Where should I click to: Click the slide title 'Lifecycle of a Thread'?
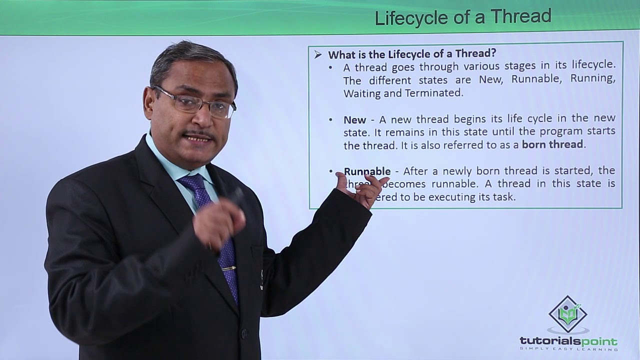pos(462,17)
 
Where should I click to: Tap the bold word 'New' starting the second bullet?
pos(354,120)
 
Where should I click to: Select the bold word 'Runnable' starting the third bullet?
pos(367,171)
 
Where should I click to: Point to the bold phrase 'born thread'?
pos(552,144)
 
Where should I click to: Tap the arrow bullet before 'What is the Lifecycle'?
pos(318,55)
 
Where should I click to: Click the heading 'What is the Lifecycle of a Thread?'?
pos(412,54)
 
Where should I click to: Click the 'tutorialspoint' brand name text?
pos(568,341)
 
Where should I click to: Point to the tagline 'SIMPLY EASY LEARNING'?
pos(568,349)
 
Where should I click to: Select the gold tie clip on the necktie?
pos(229,268)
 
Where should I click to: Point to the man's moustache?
pos(199,134)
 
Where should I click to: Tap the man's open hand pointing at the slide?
pos(362,187)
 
